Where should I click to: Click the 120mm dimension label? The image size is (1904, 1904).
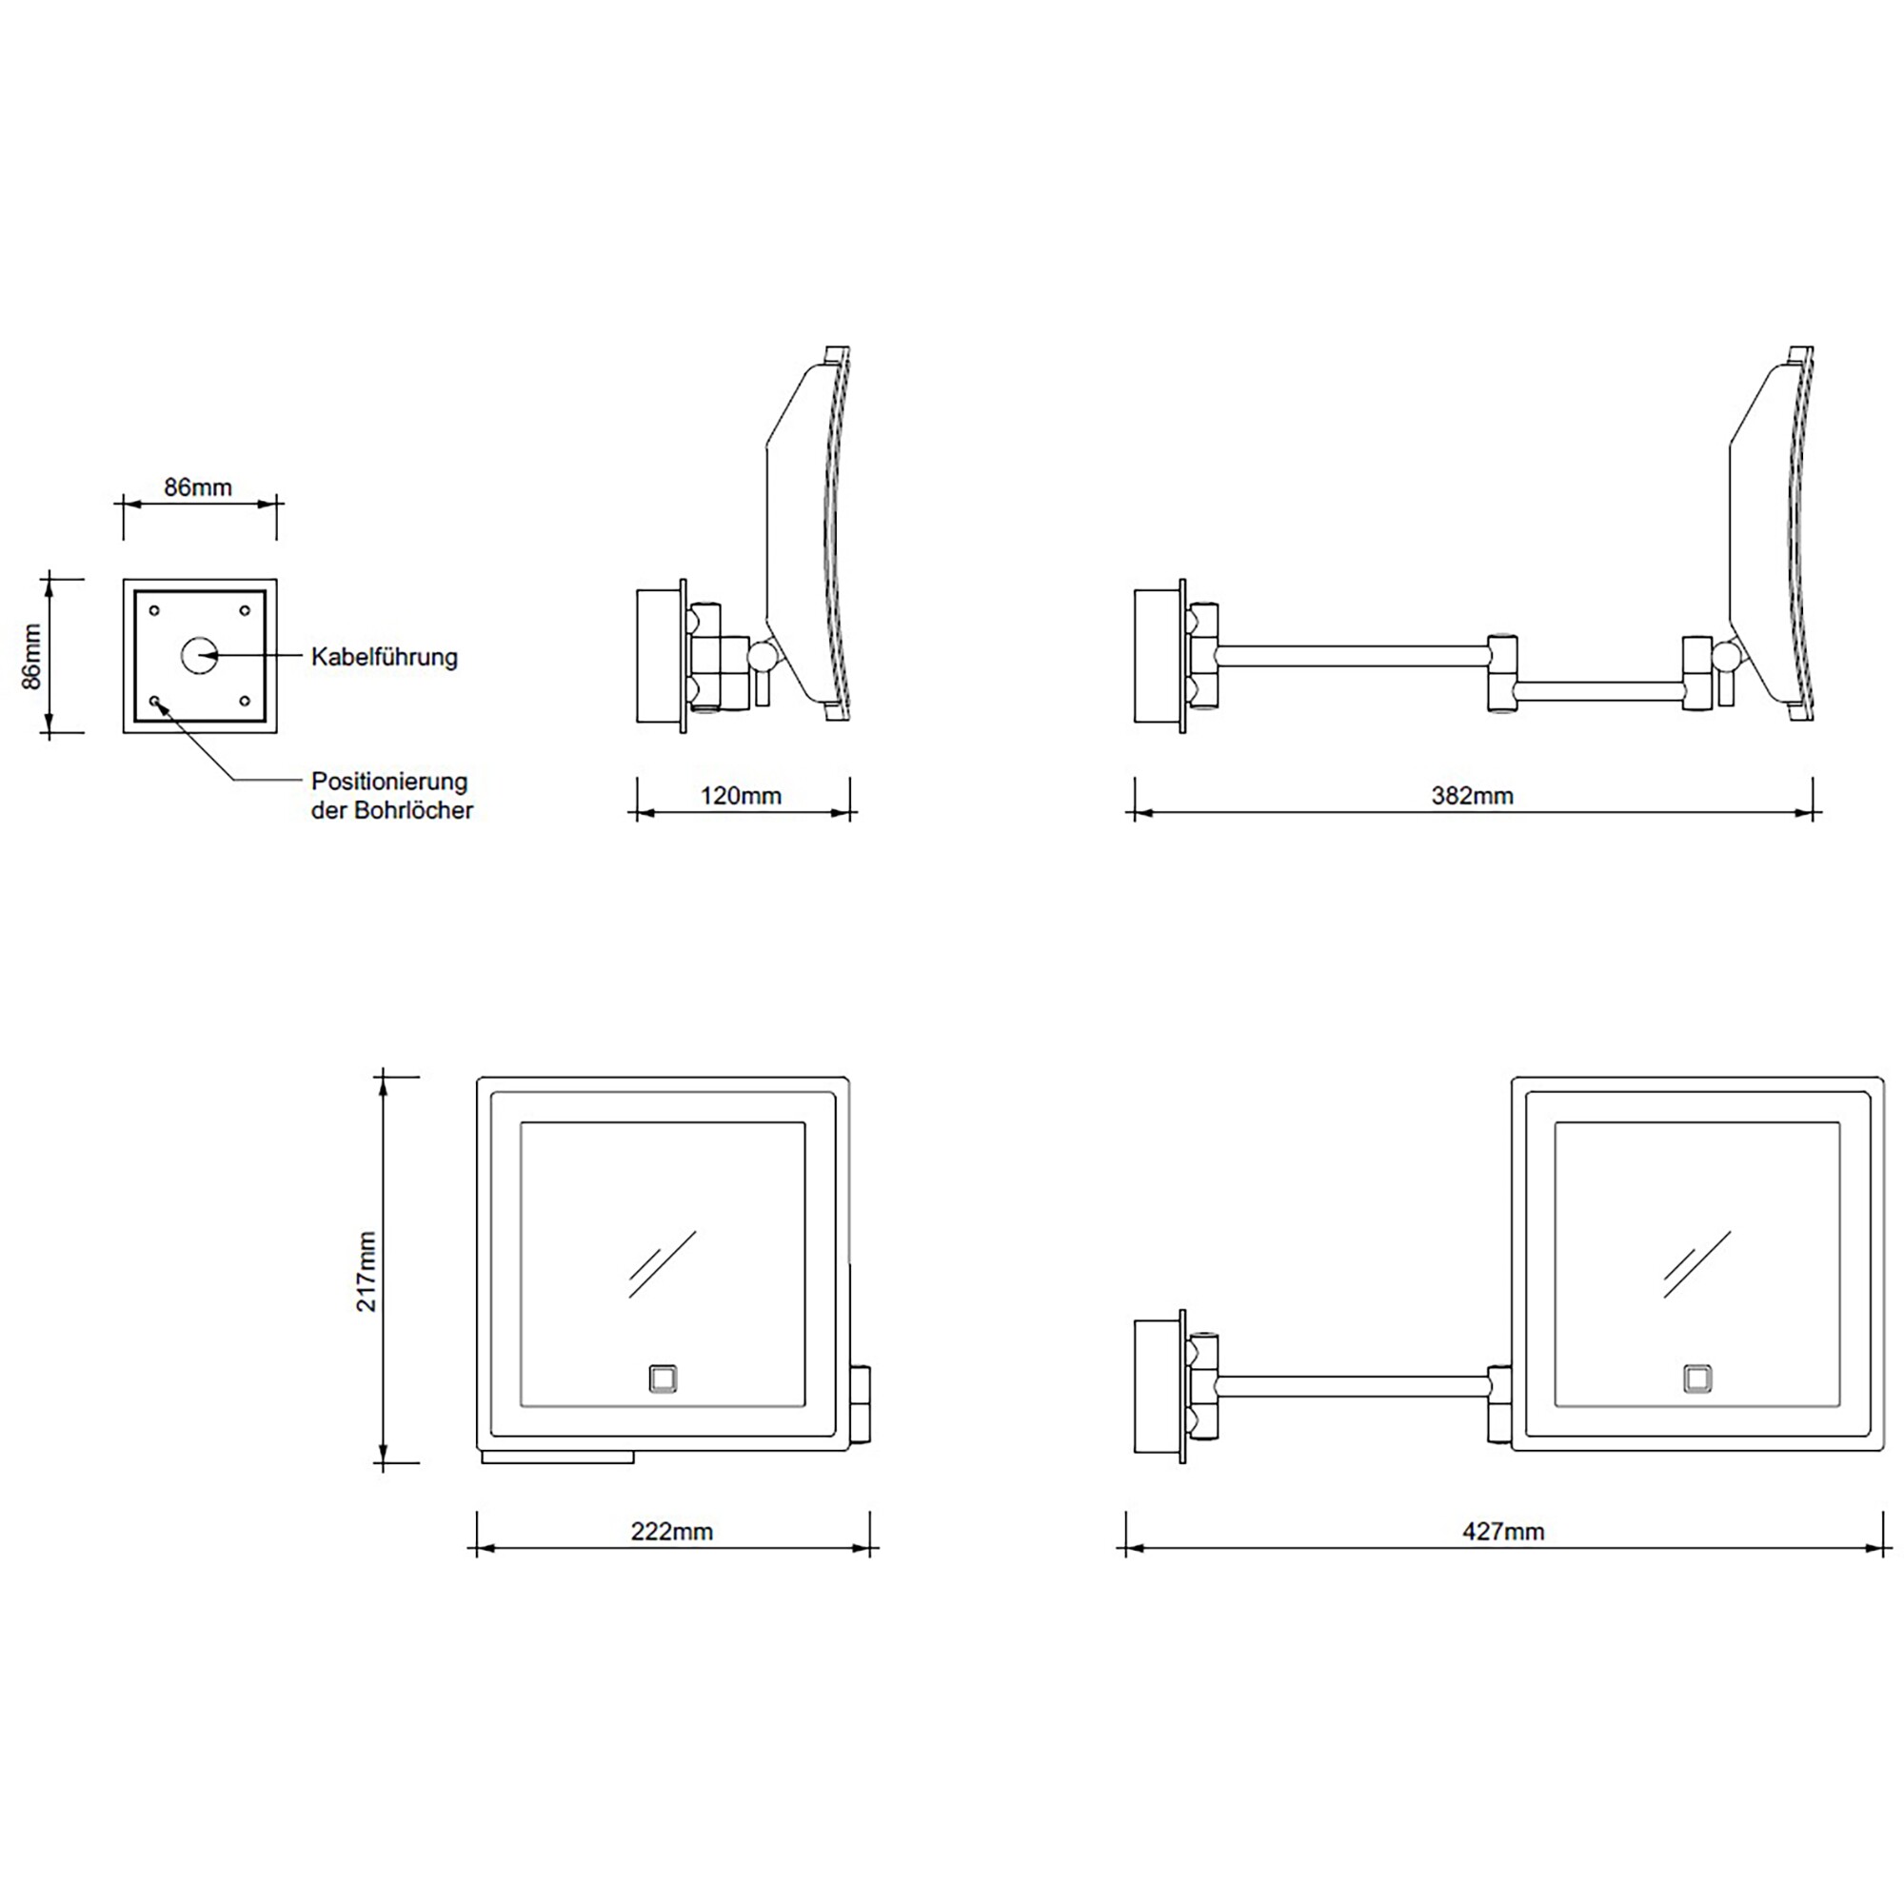coord(740,795)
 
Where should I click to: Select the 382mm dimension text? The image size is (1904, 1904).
coord(1472,795)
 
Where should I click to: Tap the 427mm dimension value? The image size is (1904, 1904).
coord(1503,1531)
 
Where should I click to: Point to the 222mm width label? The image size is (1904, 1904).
coord(671,1531)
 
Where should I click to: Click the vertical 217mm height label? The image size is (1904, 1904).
coord(367,1270)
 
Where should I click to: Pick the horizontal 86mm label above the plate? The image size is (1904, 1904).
coord(198,486)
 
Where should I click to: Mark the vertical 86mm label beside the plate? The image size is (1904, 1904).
coord(32,655)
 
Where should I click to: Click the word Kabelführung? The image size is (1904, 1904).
coord(385,656)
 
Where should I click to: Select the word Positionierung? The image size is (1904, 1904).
coord(389,782)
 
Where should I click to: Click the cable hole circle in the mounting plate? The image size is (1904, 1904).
coord(199,655)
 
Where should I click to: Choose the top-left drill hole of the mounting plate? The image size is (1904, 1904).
coord(155,611)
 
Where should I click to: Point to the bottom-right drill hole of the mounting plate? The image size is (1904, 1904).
coord(245,701)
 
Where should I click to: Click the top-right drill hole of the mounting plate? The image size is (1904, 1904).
coord(245,611)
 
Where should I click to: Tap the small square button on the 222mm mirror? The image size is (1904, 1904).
coord(664,1378)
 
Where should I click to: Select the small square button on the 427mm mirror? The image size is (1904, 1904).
coord(1697,1378)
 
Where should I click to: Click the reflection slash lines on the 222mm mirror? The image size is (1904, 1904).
coord(663,1263)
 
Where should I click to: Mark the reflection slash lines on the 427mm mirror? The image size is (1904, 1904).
coord(1696,1263)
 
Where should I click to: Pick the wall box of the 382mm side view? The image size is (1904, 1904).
coord(1157,655)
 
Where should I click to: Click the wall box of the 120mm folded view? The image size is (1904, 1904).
coord(660,655)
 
